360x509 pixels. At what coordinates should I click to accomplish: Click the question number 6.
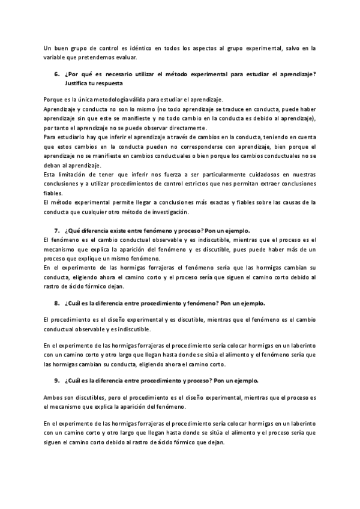[x=56, y=74]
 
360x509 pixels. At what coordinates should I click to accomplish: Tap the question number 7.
[x=56, y=230]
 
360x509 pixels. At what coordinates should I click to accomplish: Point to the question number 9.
[x=56, y=381]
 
